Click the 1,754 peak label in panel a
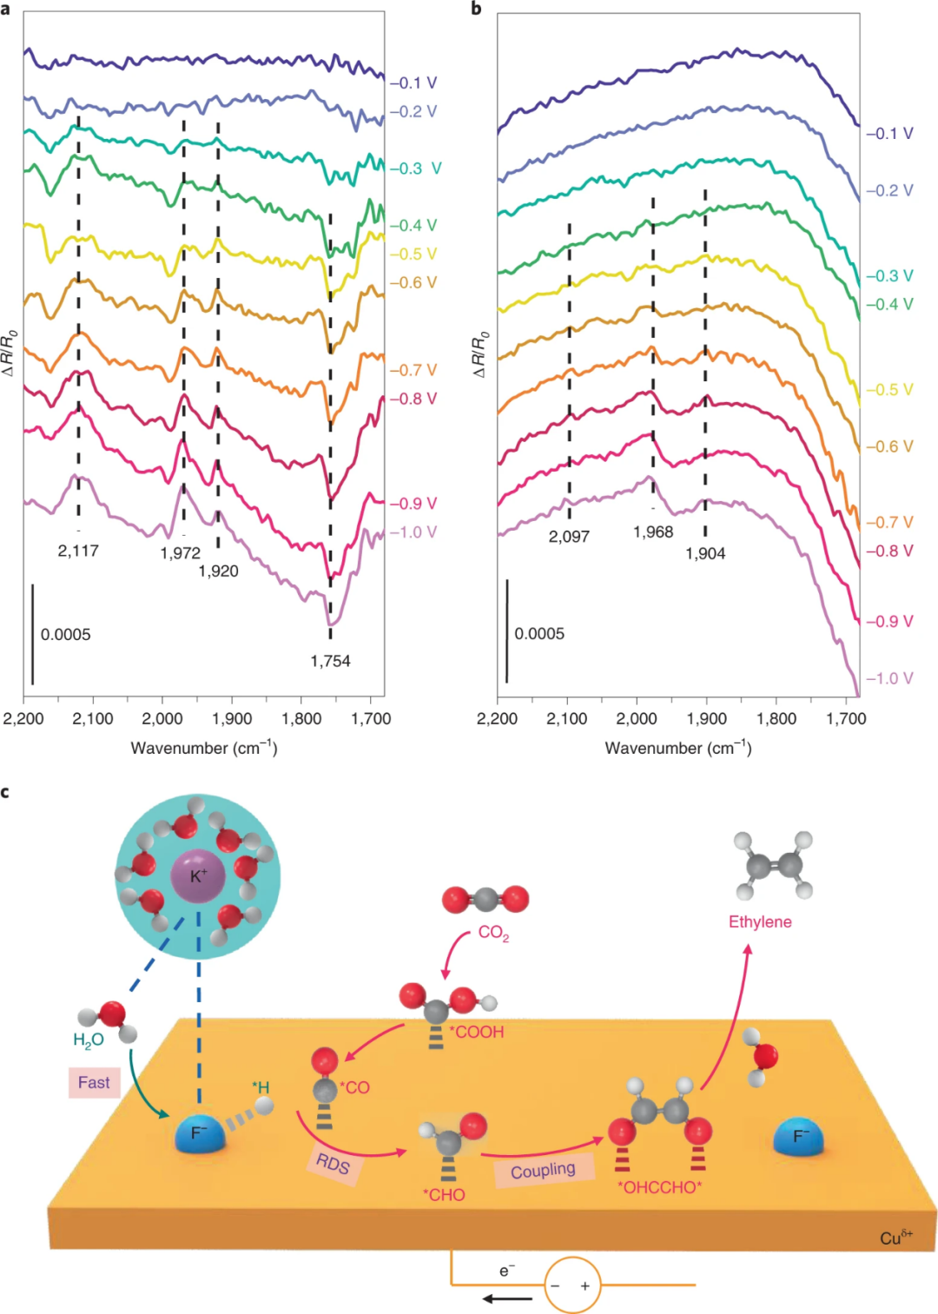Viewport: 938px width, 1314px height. point(330,661)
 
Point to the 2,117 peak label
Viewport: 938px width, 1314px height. point(78,551)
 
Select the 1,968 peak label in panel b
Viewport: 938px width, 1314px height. point(653,532)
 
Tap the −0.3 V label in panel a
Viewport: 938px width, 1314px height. point(415,168)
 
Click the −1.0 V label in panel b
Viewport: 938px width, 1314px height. point(889,678)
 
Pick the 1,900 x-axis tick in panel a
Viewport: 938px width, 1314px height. point(232,719)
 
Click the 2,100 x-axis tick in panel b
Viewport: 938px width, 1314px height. point(567,719)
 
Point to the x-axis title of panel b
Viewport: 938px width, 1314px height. point(677,748)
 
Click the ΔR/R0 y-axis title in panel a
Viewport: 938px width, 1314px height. point(10,352)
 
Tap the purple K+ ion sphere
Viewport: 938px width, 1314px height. point(198,876)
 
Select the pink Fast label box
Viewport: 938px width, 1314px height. point(94,1083)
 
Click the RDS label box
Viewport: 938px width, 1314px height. point(333,1163)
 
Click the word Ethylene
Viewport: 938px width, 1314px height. point(760,921)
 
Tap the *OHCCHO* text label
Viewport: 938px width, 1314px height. point(659,1187)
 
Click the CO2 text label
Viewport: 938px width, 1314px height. point(493,933)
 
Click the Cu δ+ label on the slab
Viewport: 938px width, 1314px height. point(895,1237)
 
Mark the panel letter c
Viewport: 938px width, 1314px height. point(6,792)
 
